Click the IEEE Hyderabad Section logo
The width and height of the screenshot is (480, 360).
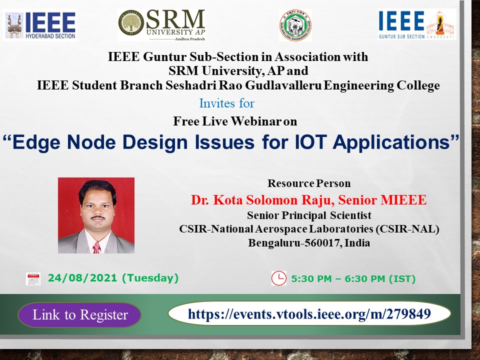40,25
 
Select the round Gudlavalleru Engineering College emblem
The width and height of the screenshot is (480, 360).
295,25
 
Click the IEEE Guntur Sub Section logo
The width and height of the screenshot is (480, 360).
417,24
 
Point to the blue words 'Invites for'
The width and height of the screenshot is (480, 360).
226,103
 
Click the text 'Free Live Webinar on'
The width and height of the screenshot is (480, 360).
235,121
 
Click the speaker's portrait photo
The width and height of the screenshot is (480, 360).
96,215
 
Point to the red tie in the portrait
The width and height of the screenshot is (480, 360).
96,247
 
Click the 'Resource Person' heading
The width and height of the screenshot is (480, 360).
309,183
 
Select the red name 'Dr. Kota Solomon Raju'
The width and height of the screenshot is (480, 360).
262,200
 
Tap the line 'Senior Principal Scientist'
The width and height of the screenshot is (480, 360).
309,215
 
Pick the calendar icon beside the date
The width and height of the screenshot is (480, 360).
33,278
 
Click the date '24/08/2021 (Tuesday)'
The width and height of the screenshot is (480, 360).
113,278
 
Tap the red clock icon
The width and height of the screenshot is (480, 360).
278,278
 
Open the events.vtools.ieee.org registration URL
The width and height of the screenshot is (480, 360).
309,314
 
